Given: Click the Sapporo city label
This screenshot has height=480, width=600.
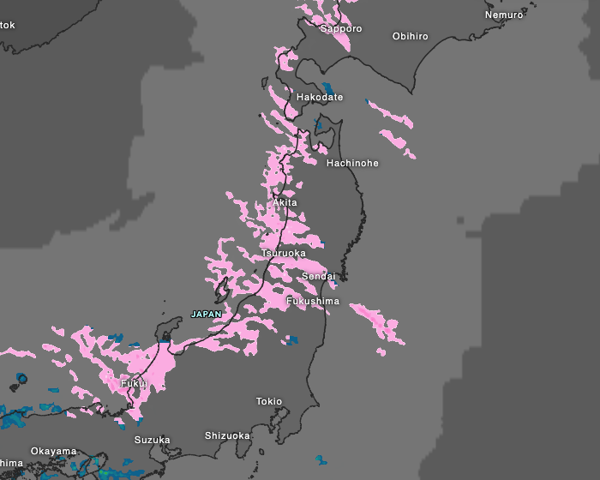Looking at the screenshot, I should [341, 29].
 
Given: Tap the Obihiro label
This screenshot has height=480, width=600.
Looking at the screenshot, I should [410, 36].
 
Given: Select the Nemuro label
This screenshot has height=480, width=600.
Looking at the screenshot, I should [503, 15].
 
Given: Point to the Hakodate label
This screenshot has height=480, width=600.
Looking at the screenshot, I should [320, 98].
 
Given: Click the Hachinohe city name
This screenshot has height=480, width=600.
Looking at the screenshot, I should [352, 163].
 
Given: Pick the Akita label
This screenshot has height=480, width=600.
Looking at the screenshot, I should [285, 202].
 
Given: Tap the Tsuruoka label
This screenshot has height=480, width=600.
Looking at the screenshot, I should [284, 254].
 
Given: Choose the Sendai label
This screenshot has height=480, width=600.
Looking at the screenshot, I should [318, 277].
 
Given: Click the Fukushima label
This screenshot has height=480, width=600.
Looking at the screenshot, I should [313, 302].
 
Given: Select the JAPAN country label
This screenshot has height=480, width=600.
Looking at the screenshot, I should [206, 315].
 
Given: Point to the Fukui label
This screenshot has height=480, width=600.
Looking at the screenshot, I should [133, 383].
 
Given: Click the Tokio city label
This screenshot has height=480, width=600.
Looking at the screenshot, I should [269, 401].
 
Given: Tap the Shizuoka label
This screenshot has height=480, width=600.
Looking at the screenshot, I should [227, 435].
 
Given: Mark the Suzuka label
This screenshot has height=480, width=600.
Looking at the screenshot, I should [152, 440].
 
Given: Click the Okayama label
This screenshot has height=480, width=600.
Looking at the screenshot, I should [53, 451].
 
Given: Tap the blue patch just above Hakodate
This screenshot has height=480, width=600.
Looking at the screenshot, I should [327, 87].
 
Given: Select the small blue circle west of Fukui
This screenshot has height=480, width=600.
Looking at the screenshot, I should [21, 377].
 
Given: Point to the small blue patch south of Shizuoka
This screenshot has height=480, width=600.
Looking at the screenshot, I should [321, 460].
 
